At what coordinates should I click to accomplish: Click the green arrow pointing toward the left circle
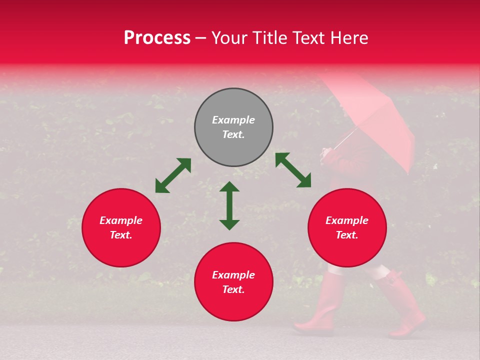point(173,175)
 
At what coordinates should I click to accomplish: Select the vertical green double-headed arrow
point(229,205)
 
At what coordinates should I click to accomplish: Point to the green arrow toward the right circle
point(293,170)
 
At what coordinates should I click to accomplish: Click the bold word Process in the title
point(157,38)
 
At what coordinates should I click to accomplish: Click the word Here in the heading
point(349,38)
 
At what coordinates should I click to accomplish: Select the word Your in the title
point(230,38)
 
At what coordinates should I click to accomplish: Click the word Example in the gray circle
point(233,120)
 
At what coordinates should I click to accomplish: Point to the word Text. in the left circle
point(121,235)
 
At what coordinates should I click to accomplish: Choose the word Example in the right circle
point(347,220)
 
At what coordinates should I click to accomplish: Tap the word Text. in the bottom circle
point(233,289)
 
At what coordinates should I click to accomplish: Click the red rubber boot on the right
point(402,305)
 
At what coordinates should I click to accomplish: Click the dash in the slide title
point(201,38)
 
